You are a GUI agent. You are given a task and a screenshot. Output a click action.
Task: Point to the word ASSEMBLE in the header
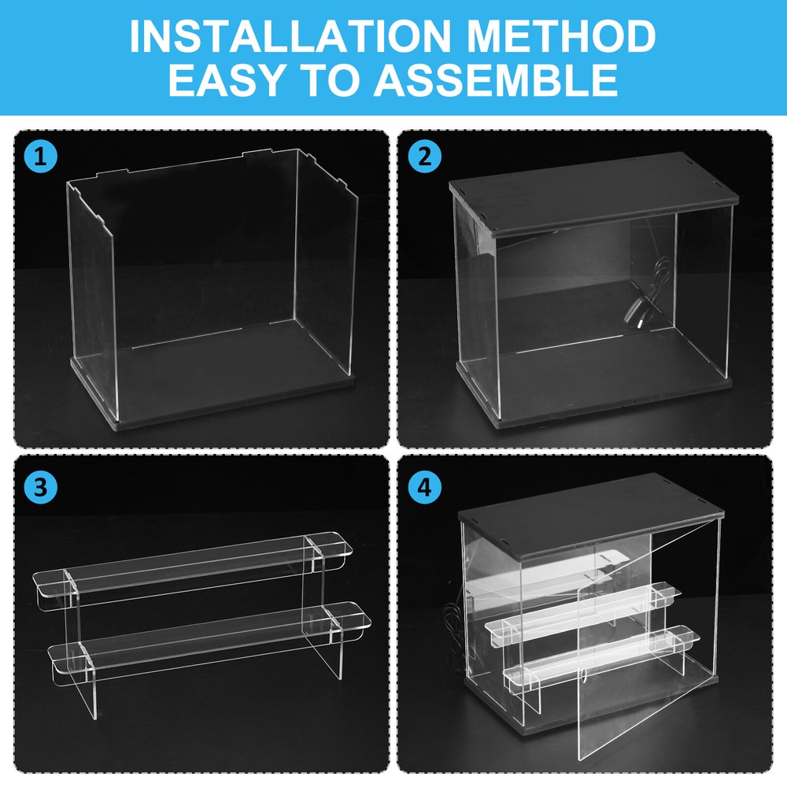[495, 79]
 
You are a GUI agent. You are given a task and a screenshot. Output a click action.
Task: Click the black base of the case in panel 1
[212, 397]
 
